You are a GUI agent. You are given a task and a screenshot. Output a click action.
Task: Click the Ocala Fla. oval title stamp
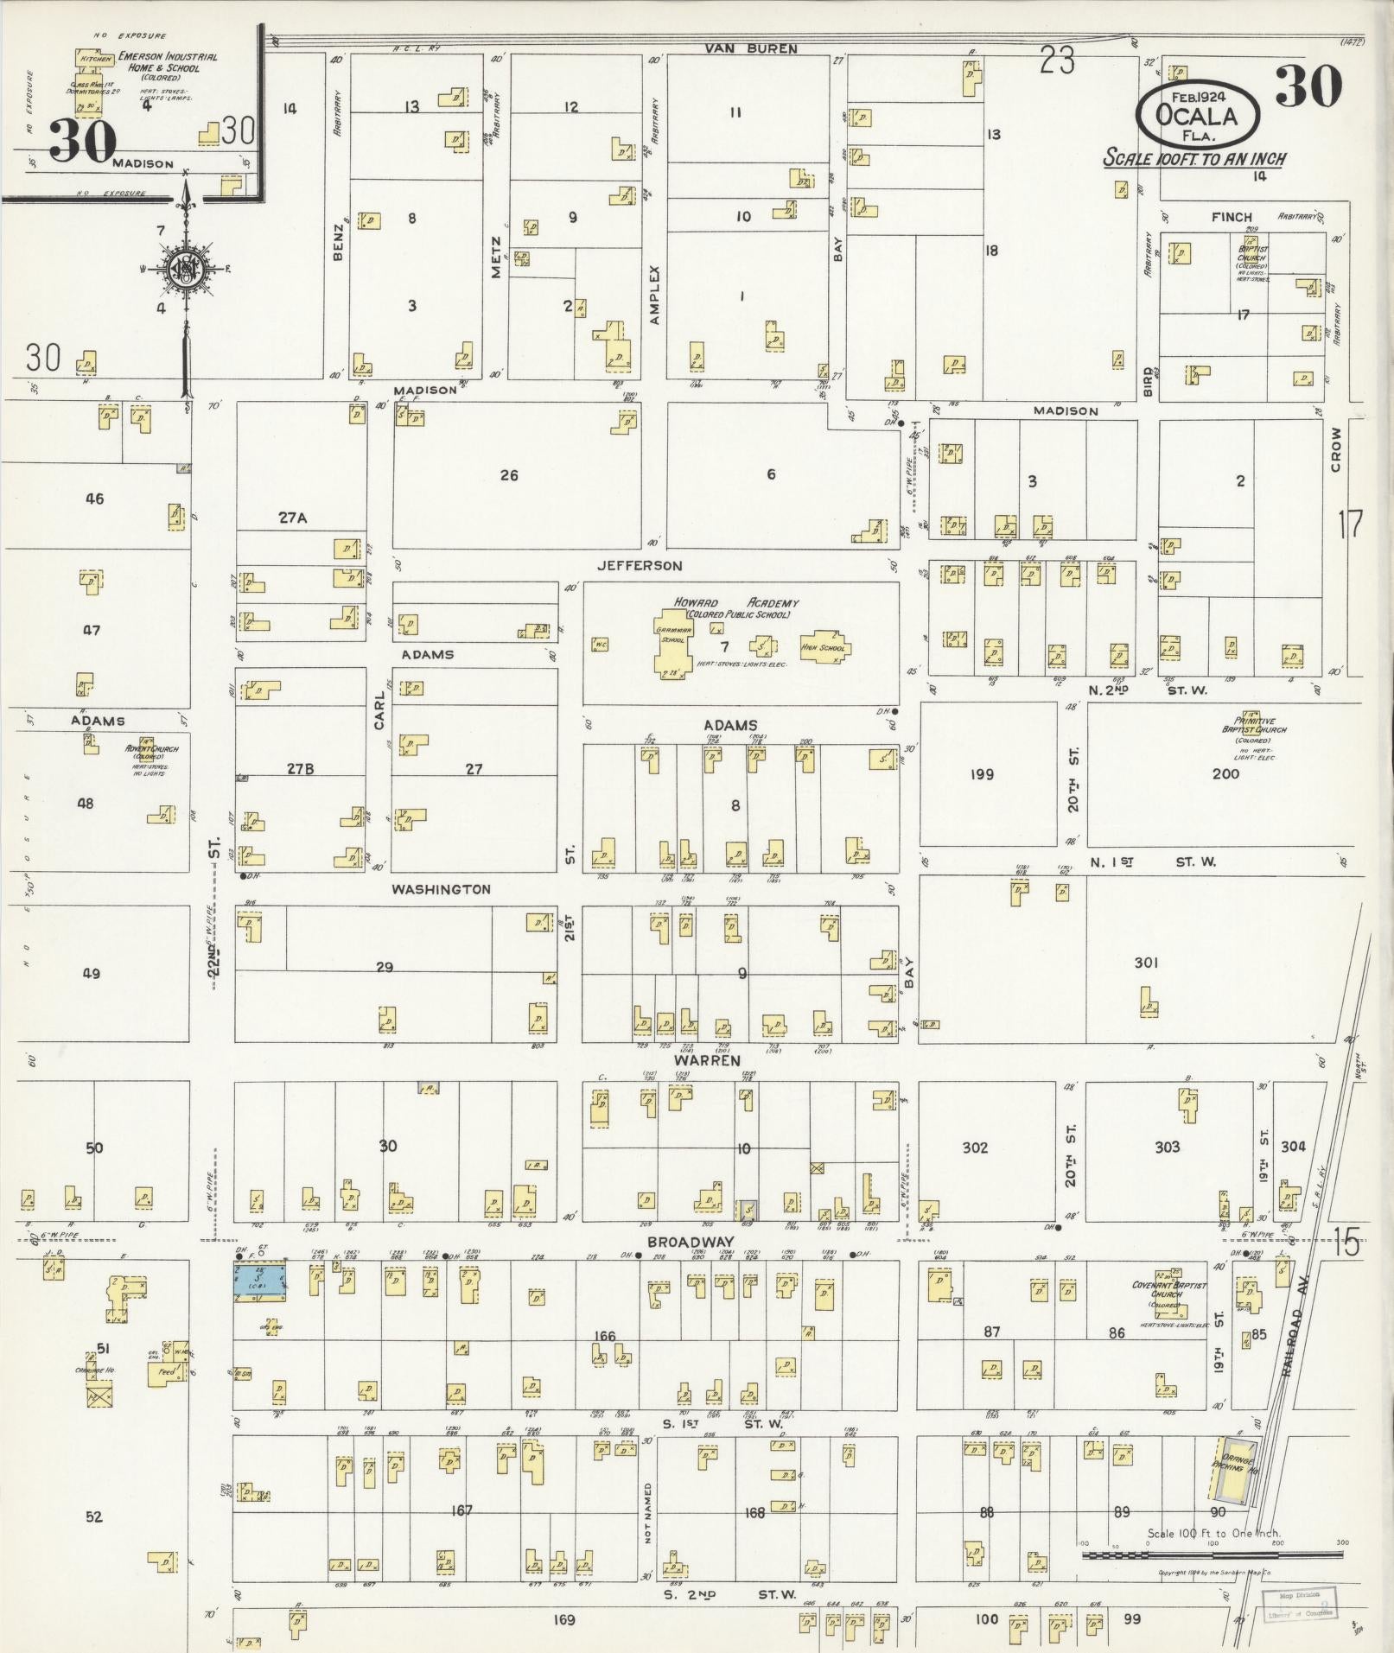point(1197,114)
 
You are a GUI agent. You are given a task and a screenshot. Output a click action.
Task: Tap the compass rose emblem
point(184,265)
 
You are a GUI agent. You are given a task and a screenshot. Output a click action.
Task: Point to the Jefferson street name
point(640,566)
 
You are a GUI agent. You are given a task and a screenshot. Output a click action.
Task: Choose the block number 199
point(982,773)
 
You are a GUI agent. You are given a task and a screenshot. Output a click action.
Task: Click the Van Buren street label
point(750,49)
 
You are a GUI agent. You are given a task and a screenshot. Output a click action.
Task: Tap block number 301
point(1145,963)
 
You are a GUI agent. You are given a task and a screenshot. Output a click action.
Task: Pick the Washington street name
point(441,889)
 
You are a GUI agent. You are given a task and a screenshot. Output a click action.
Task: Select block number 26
point(509,474)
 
